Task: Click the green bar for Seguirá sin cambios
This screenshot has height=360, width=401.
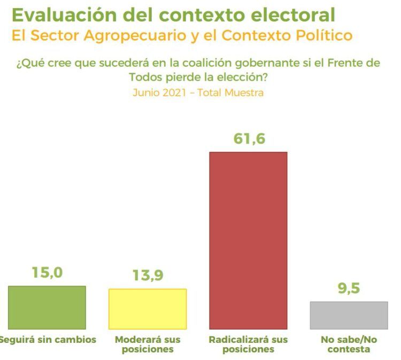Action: click(x=47, y=308)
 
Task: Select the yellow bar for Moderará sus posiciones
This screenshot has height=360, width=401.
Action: click(x=148, y=309)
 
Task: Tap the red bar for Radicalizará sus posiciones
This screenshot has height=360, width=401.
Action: click(x=248, y=240)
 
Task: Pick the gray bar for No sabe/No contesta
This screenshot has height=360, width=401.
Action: click(x=349, y=315)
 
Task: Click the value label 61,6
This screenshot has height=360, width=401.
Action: click(x=249, y=139)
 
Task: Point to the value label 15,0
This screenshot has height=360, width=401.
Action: click(x=47, y=273)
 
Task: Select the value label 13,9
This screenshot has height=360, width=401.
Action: click(x=148, y=276)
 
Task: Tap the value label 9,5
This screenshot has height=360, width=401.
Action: click(x=349, y=289)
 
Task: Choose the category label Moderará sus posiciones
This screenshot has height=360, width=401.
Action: click(x=148, y=344)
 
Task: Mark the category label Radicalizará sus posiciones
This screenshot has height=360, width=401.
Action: click(x=248, y=344)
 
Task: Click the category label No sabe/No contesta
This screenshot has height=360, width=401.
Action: click(x=349, y=344)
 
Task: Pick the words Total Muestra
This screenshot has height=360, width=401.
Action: click(x=230, y=93)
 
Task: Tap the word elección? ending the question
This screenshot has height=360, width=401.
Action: click(x=241, y=77)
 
